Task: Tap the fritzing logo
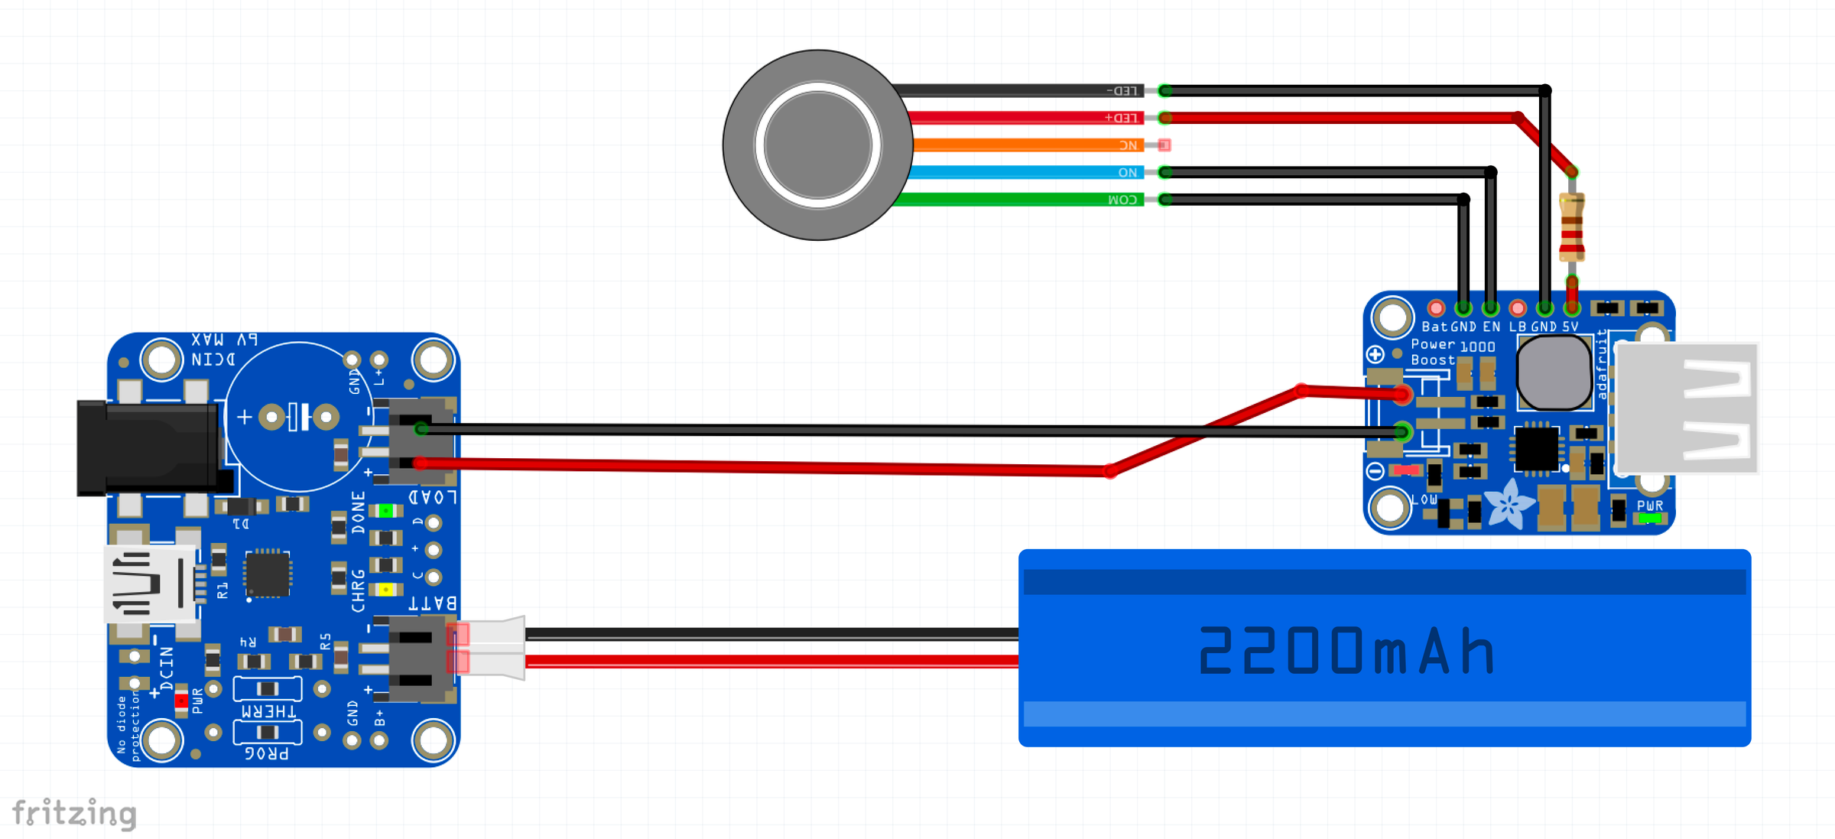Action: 74,813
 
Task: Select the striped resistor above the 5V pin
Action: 1572,227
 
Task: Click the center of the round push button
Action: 817,145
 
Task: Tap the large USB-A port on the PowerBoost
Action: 1686,408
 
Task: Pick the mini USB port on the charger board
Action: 149,585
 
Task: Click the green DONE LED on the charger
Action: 385,510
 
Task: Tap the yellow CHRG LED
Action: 385,589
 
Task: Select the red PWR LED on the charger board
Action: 181,700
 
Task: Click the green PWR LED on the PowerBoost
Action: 1649,519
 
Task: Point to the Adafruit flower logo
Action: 1509,505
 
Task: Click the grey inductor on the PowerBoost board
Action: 1554,373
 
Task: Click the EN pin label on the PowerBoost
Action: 1491,327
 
